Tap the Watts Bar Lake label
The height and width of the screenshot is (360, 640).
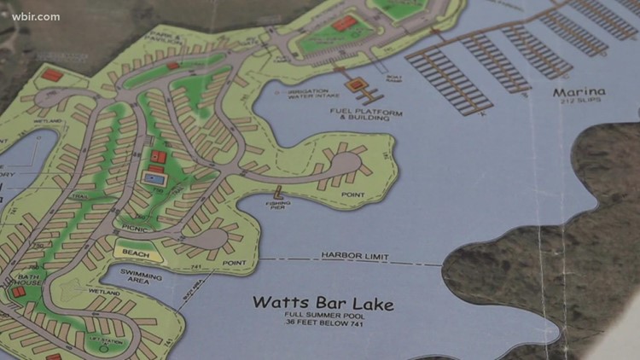pyautogui.click(x=323, y=304)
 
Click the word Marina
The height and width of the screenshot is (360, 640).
pyautogui.click(x=578, y=92)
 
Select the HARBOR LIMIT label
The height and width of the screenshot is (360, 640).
pyautogui.click(x=355, y=256)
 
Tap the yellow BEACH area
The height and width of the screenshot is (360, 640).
pyautogui.click(x=135, y=253)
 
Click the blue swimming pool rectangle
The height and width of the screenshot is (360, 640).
pyautogui.click(x=154, y=180)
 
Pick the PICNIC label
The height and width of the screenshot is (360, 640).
pyautogui.click(x=134, y=229)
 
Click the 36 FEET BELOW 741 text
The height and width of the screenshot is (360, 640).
pyautogui.click(x=323, y=330)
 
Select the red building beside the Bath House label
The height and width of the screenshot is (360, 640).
pyautogui.click(x=18, y=293)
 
